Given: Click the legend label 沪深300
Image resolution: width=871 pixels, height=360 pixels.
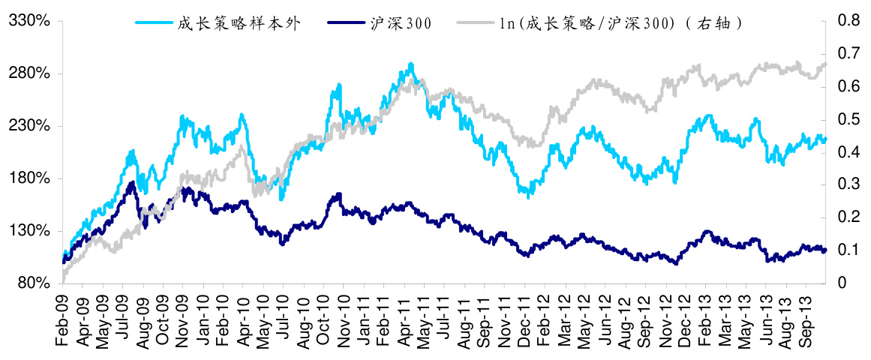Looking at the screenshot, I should pyautogui.click(x=401, y=23).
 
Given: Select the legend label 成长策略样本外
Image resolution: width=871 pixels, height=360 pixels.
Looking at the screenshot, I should pyautogui.click(x=239, y=23).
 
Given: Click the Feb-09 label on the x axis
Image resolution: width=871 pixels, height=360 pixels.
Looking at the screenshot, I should pyautogui.click(x=63, y=318).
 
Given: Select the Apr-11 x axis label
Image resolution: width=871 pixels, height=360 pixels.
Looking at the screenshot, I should pyautogui.click(x=404, y=318).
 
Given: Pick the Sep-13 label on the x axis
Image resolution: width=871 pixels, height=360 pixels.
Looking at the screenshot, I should pyautogui.click(x=806, y=318).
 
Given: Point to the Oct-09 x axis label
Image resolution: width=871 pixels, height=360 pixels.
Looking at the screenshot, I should pyautogui.click(x=164, y=318).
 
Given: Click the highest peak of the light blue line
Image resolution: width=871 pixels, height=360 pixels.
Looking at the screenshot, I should pyautogui.click(x=410, y=64).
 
